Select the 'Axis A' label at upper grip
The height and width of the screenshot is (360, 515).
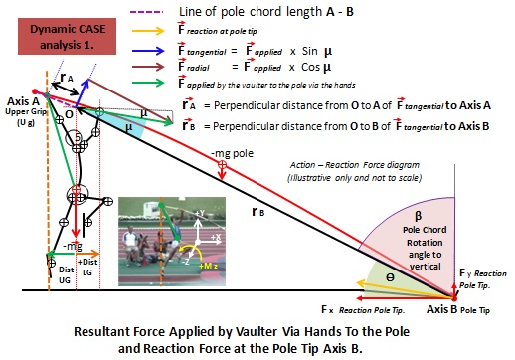(x=21, y=99)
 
